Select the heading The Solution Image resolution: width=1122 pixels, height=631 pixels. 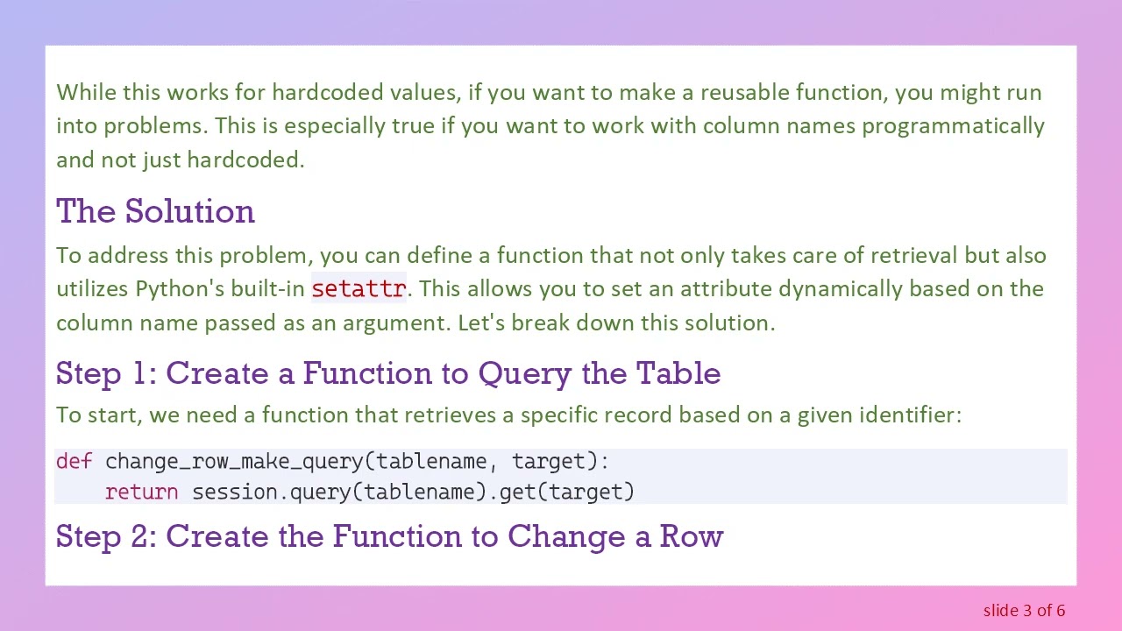tap(155, 211)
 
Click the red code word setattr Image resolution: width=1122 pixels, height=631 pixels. tap(359, 288)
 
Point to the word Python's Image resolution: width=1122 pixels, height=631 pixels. tap(172, 288)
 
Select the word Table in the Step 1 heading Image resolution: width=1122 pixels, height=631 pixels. tap(678, 373)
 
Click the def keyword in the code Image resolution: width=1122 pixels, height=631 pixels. tap(74, 461)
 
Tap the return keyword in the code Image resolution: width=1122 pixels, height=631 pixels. tap(141, 492)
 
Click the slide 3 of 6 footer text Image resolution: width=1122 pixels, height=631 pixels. tap(1024, 610)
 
